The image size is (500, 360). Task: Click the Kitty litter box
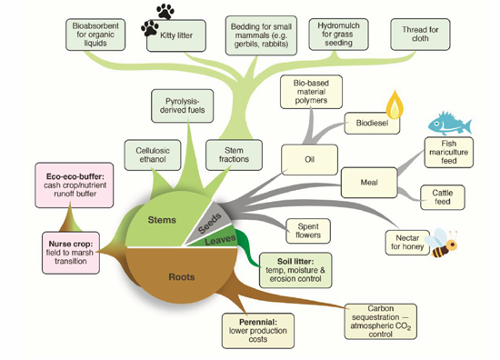pyautogui.click(x=176, y=35)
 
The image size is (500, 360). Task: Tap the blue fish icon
pyautogui.click(x=450, y=123)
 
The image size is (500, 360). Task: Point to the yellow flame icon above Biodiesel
pyautogui.click(x=395, y=105)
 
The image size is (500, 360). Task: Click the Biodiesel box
pyautogui.click(x=372, y=123)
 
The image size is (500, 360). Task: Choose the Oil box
pyautogui.click(x=309, y=159)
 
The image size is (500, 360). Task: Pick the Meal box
pyautogui.click(x=369, y=183)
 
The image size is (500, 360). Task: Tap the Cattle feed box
pyautogui.click(x=443, y=197)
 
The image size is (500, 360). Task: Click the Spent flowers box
pyautogui.click(x=308, y=231)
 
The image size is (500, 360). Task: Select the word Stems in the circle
pyautogui.click(x=162, y=220)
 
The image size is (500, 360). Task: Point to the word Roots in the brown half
pyautogui.click(x=182, y=276)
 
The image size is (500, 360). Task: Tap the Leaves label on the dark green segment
pyautogui.click(x=220, y=239)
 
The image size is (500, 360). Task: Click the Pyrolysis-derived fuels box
pyautogui.click(x=183, y=105)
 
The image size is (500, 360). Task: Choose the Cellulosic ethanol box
pyautogui.click(x=153, y=155)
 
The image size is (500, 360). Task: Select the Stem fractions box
pyautogui.click(x=234, y=155)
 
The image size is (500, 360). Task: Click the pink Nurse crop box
pyautogui.click(x=71, y=253)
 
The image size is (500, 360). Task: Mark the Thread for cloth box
pyautogui.click(x=420, y=35)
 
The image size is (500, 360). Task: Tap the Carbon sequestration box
pyautogui.click(x=380, y=322)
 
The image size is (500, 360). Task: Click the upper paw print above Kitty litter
pyautogui.click(x=165, y=11)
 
